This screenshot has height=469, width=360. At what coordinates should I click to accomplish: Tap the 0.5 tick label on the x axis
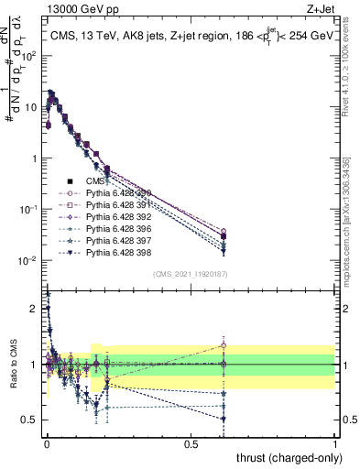tap(191, 442)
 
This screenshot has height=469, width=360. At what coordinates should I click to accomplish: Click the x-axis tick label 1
tap(334, 442)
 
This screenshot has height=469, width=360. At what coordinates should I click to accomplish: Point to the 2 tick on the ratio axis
tap(35, 309)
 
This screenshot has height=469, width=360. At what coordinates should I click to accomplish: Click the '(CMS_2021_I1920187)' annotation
tap(190, 273)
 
